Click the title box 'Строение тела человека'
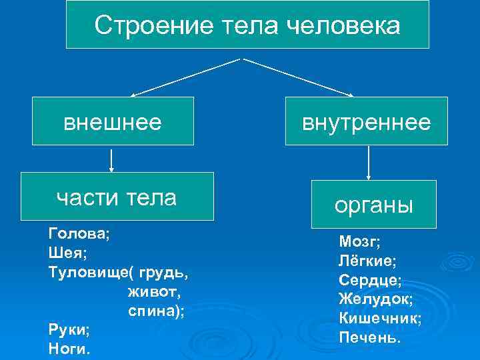tap(247, 25)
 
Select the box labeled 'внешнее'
tap(113, 121)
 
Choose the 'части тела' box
tap(117, 197)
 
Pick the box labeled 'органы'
tap(374, 204)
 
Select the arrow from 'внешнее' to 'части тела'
tap(111, 159)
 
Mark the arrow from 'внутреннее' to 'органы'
tap(369, 162)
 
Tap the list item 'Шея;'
tap(68, 253)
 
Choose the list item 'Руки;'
tap(69, 329)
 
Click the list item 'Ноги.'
tap(69, 348)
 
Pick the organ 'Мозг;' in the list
tap(360, 241)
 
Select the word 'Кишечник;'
tap(380, 318)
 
